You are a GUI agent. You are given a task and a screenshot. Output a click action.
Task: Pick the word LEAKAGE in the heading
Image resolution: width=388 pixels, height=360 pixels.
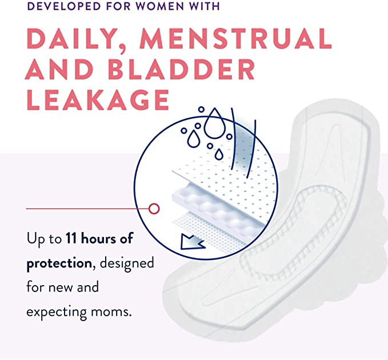(x=97, y=100)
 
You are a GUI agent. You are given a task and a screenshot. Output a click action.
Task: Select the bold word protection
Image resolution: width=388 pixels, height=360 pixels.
(x=59, y=263)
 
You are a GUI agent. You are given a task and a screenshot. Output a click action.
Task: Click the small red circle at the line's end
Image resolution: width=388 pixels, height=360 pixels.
(x=153, y=209)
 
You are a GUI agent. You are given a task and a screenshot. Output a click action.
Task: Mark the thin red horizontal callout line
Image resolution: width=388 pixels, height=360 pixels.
(x=86, y=209)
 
